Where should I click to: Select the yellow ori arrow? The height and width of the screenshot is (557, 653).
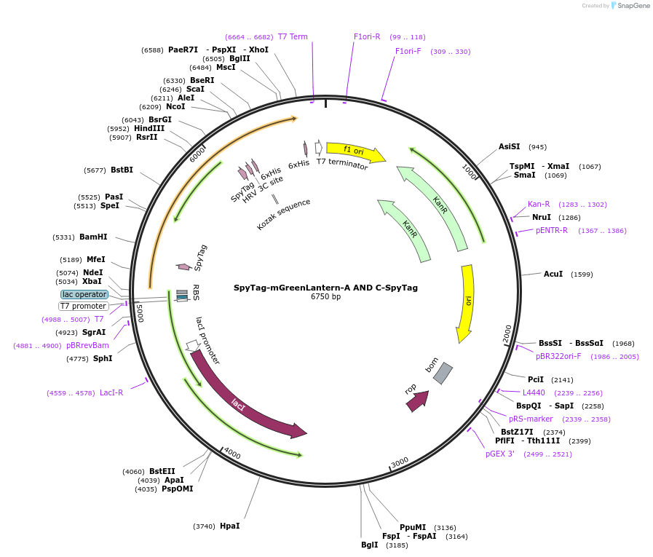[x=467, y=303]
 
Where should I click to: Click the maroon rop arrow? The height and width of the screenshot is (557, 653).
[x=418, y=400]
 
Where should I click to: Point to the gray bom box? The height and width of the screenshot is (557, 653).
[x=443, y=374]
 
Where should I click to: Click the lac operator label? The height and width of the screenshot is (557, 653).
[x=84, y=295]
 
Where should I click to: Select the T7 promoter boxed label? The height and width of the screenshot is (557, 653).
[x=83, y=307]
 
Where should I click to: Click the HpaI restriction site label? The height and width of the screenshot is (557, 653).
[x=230, y=526]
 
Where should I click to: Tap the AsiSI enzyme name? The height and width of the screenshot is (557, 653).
[x=510, y=146]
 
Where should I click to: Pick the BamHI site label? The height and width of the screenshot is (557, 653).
[x=93, y=237]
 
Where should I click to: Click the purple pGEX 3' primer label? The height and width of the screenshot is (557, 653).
[x=499, y=454]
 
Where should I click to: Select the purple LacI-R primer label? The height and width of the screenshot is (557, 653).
[x=111, y=393]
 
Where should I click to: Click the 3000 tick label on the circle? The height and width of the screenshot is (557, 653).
[x=400, y=463]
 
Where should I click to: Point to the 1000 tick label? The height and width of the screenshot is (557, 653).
[x=470, y=172]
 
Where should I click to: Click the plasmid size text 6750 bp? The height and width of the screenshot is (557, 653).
[x=325, y=296]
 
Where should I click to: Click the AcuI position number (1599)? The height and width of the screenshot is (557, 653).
[x=582, y=274]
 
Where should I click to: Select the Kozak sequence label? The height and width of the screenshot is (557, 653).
[x=284, y=214]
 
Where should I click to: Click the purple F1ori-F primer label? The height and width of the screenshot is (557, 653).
[x=408, y=51]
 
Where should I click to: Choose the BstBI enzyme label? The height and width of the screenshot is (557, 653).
[x=122, y=170]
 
